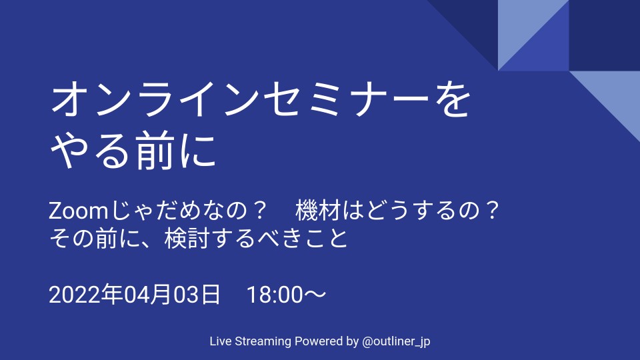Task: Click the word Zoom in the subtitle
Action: coord(78,211)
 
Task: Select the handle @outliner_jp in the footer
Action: coord(396,341)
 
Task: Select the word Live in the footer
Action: coord(221,341)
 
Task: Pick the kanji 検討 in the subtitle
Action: coord(187,239)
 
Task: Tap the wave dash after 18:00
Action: coord(315,294)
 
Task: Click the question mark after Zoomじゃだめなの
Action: coord(259,211)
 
